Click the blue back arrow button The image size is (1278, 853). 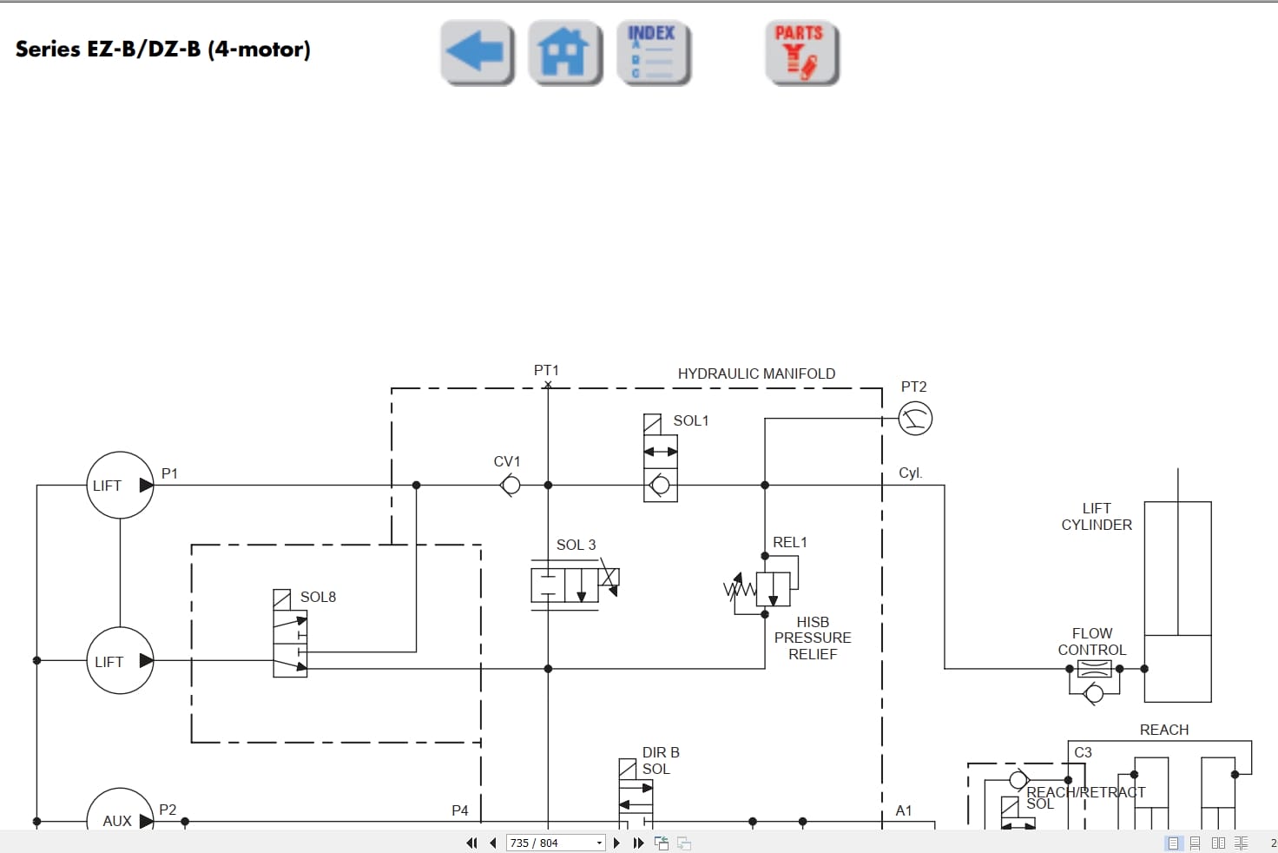click(x=477, y=53)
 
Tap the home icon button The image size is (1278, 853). click(x=565, y=53)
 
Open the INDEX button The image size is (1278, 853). click(x=653, y=53)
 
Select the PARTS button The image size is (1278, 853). click(x=801, y=53)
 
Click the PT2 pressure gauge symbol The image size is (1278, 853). click(x=915, y=419)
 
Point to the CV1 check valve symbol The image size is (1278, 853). click(x=511, y=486)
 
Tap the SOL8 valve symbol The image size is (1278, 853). click(x=290, y=643)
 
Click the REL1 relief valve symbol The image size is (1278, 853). click(x=772, y=589)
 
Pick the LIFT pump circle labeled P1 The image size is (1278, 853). click(x=120, y=486)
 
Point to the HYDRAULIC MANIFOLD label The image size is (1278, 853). click(x=756, y=374)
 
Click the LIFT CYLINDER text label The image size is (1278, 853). click(x=1097, y=517)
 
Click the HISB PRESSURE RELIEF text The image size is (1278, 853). click(x=813, y=638)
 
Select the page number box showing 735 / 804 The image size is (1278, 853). click(x=555, y=843)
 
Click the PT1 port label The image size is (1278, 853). click(x=546, y=371)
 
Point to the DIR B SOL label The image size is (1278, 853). click(x=661, y=761)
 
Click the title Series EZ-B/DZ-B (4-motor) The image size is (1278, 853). click(x=163, y=50)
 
